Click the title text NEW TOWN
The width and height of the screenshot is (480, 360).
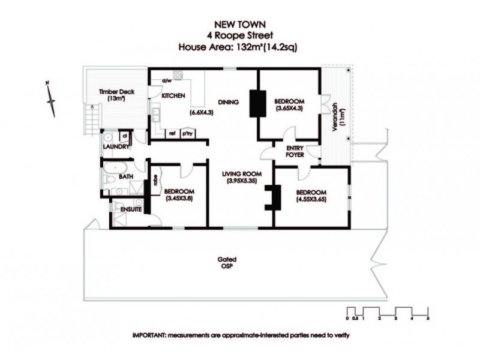point(239,25)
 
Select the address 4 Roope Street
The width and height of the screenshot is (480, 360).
point(239,35)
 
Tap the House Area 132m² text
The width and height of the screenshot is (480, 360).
point(239,46)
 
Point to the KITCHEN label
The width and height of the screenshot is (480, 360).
point(173,96)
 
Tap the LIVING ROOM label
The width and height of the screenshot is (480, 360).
point(239,174)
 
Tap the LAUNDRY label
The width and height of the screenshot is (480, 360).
point(116,146)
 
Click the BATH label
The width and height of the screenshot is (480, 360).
point(125,177)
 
